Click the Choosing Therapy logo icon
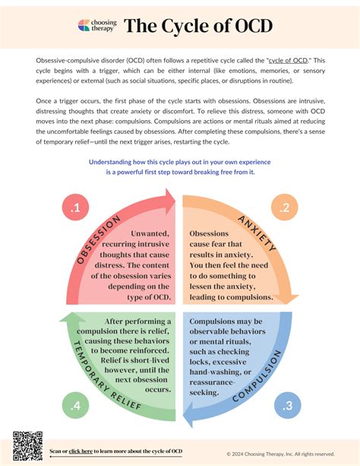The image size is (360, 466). tap(84, 27)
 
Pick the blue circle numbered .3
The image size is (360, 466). tap(286, 405)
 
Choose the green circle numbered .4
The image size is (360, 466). tap(74, 405)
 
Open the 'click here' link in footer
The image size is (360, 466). tap(81, 452)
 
